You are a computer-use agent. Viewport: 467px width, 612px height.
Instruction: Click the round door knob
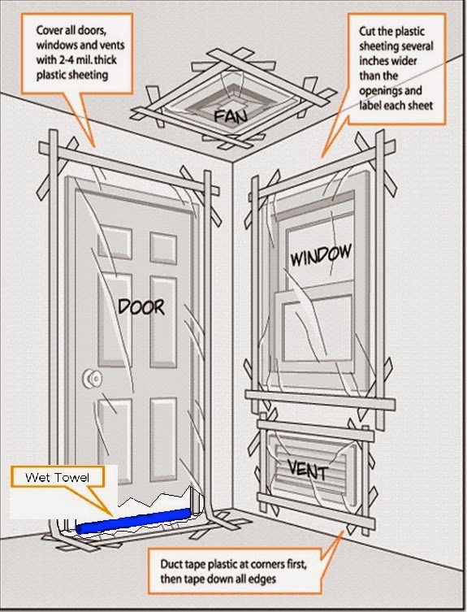point(93,378)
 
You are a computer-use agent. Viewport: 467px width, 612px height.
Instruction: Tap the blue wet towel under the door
point(133,521)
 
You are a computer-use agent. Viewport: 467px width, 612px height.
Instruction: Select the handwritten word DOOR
point(141,306)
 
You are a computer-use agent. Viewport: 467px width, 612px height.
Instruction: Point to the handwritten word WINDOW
point(321,255)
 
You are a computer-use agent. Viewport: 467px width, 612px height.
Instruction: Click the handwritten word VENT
point(308,470)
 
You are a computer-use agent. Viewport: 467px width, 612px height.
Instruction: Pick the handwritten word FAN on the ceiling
point(231,116)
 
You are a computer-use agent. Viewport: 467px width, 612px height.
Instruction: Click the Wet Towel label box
point(58,477)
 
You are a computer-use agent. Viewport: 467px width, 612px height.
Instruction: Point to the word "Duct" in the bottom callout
point(171,564)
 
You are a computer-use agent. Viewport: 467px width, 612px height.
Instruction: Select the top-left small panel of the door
point(115,242)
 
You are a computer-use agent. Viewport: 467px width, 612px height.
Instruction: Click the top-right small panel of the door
point(163,248)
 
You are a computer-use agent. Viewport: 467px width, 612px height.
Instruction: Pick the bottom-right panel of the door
point(163,440)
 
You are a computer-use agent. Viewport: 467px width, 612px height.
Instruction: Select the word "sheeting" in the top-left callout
point(89,75)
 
